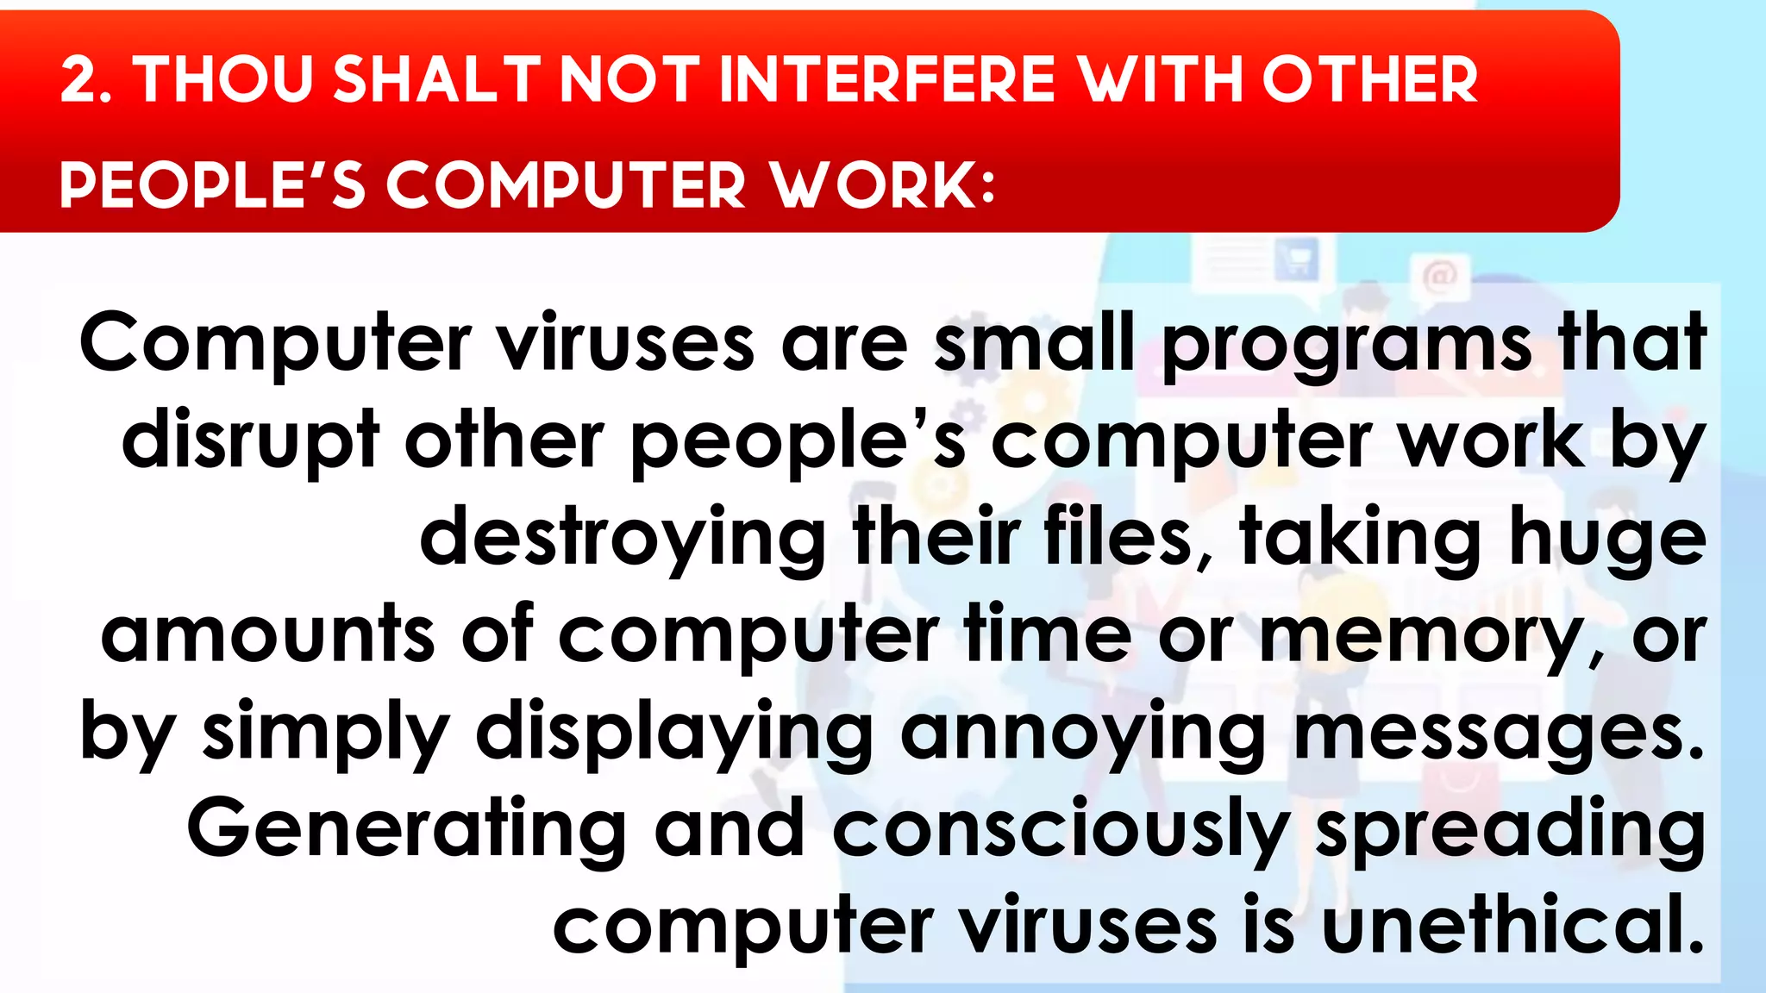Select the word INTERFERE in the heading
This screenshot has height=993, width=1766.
coord(886,80)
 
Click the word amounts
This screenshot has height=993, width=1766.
coord(267,636)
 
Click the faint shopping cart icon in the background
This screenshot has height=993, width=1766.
coord(1296,259)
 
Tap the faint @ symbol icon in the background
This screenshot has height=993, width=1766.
coord(1439,277)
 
